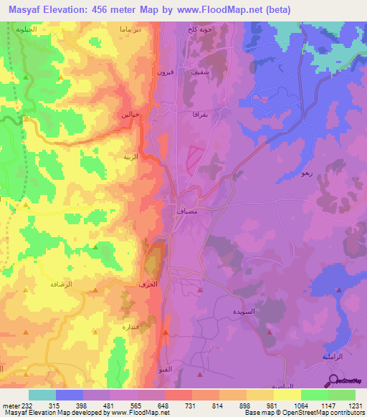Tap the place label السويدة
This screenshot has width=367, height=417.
pyautogui.click(x=244, y=312)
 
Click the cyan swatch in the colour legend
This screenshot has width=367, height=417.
pyautogui.click(x=42, y=395)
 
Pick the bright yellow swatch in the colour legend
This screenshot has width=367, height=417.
pyautogui.click(x=286, y=395)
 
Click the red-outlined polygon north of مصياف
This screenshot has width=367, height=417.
pyautogui.click(x=194, y=158)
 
